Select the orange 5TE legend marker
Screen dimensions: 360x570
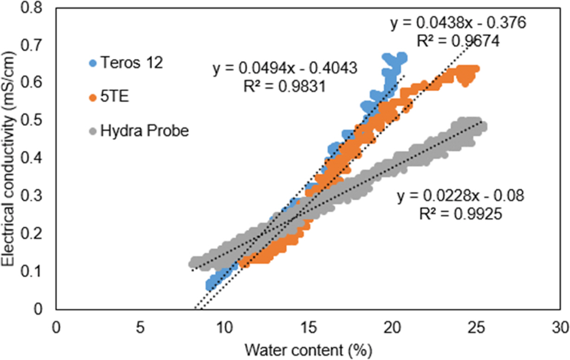[x=94, y=97]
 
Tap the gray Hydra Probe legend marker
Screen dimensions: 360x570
[x=94, y=131]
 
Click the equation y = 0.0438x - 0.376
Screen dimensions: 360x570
[x=458, y=24]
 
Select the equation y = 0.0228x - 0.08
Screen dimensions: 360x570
[x=460, y=196]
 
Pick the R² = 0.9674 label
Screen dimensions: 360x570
[x=458, y=41]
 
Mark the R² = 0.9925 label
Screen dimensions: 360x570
[x=460, y=214]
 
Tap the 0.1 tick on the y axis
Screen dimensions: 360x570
[x=38, y=271]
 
